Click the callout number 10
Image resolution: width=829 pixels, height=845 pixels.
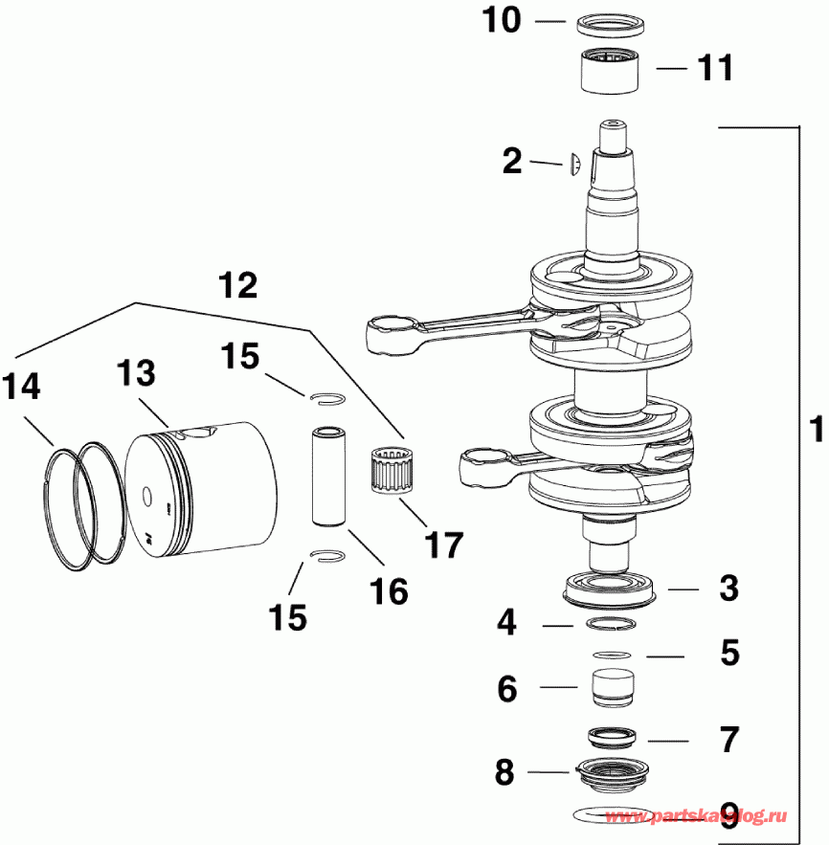click(501, 21)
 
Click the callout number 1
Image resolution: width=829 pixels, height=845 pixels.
click(813, 421)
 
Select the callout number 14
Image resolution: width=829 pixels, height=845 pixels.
click(21, 387)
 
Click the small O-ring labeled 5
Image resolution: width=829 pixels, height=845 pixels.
click(611, 656)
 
